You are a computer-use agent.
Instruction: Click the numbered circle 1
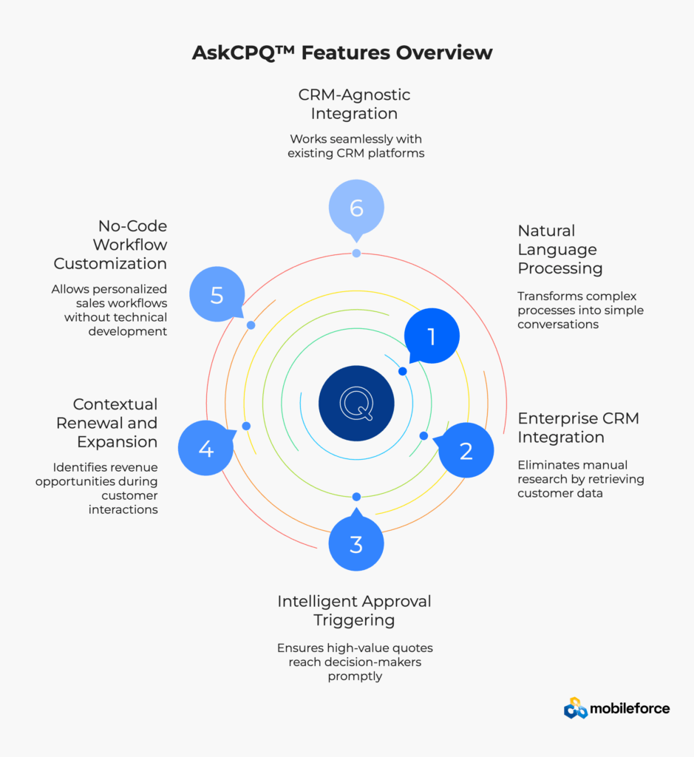point(432,337)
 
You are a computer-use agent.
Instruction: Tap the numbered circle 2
point(466,450)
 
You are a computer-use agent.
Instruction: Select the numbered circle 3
point(356,544)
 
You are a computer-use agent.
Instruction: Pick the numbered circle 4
point(206,449)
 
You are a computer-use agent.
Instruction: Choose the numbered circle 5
point(217,295)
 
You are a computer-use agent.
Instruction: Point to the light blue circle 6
point(356,208)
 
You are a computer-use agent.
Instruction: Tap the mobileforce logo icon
point(575,708)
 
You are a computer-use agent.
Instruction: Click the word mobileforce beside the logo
point(630,709)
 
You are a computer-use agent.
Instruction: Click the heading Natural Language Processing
point(559,249)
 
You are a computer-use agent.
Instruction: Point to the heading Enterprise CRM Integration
point(578,427)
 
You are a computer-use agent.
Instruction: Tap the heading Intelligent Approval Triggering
point(354,610)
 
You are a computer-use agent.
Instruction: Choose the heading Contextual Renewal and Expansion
point(115,423)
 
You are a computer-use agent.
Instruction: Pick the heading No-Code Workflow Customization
point(110,245)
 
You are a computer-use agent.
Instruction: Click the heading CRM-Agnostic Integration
point(354,104)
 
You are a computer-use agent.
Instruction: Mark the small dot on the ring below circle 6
point(356,254)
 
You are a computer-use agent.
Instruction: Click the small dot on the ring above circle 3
point(356,497)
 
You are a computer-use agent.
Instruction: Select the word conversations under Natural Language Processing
point(558,325)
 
